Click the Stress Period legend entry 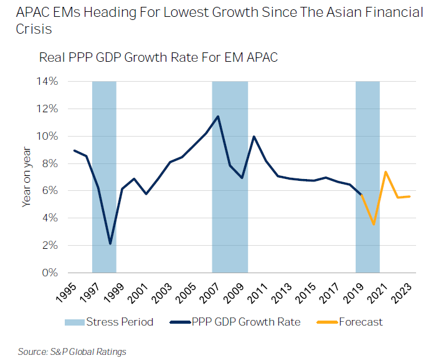coord(108,322)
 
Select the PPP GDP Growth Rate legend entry coord(239,322)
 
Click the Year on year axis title coord(26,177)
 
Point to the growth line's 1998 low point coord(110,244)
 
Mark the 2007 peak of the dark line coord(217,117)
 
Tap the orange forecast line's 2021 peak coord(386,172)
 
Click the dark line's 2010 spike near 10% coord(254,137)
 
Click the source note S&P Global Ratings coord(72,352)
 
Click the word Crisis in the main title coord(29,31)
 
